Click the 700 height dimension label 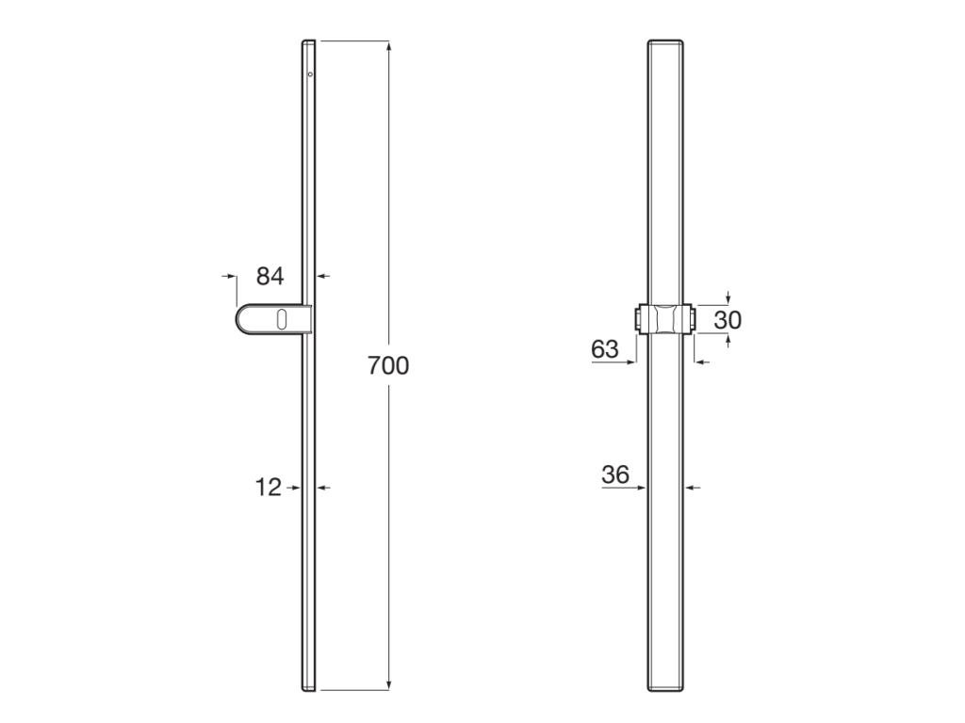click(388, 365)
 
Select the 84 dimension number click(270, 276)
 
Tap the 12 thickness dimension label click(268, 487)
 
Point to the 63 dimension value click(604, 348)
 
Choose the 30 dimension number click(728, 320)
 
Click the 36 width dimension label click(615, 474)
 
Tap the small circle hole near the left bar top click(310, 74)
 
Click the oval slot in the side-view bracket click(281, 320)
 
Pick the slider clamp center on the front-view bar click(665, 320)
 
